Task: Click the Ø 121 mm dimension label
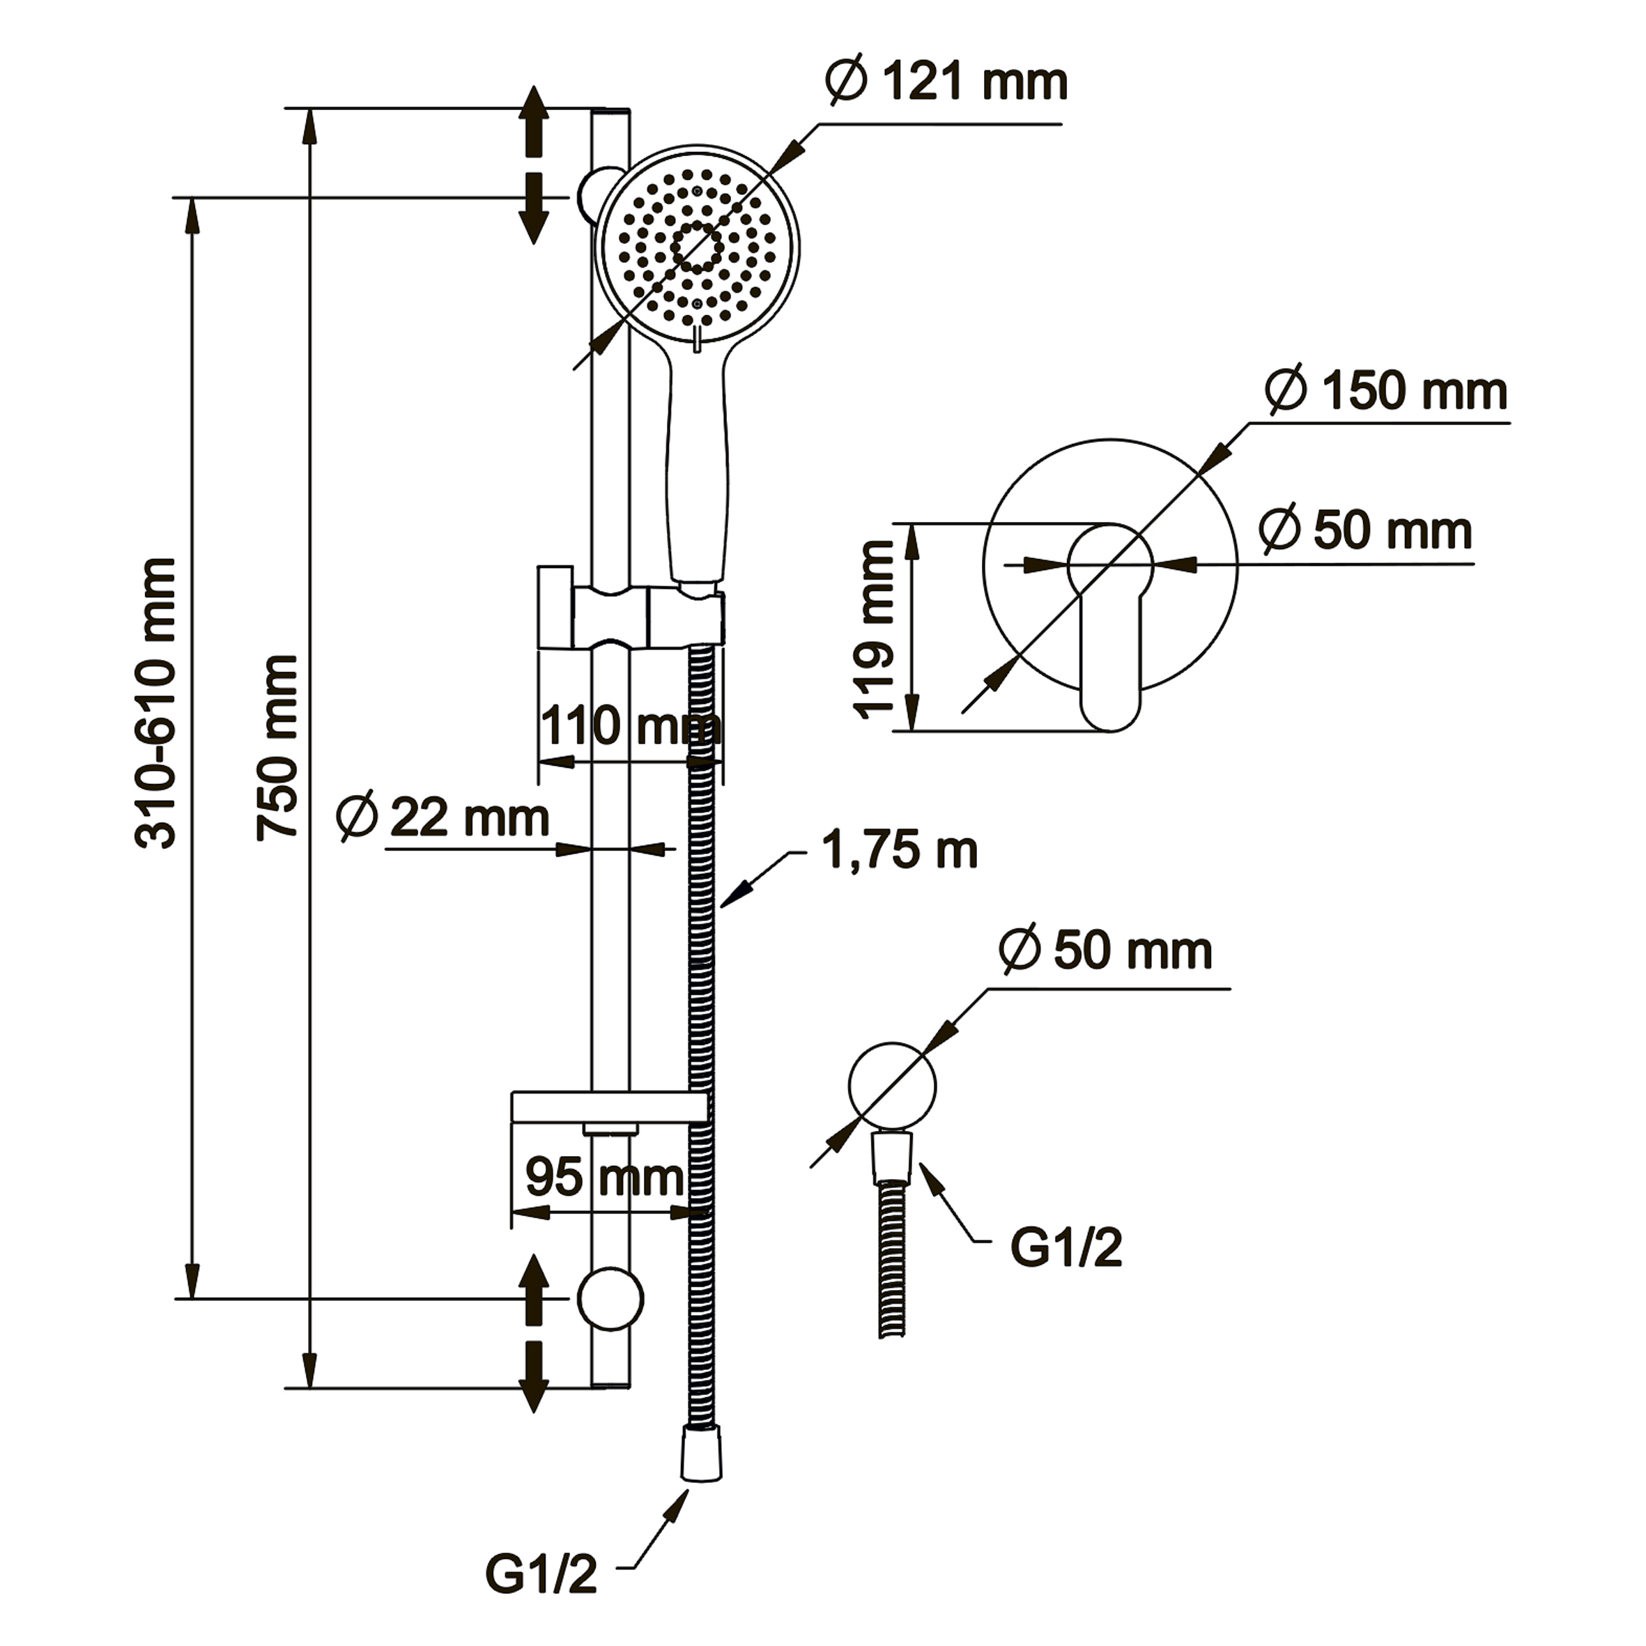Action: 946,83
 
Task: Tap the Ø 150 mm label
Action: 1386,391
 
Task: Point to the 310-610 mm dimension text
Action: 156,703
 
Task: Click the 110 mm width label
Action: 631,727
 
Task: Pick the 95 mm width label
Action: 604,1178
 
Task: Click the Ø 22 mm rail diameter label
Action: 443,818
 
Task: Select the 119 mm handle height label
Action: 874,631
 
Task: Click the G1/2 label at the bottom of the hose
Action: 541,1574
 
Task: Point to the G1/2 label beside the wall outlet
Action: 1066,1248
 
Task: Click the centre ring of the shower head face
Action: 697,248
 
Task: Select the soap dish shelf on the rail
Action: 609,1106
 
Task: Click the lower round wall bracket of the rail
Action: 610,1298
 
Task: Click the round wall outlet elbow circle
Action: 892,1086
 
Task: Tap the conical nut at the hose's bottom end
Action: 701,1454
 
